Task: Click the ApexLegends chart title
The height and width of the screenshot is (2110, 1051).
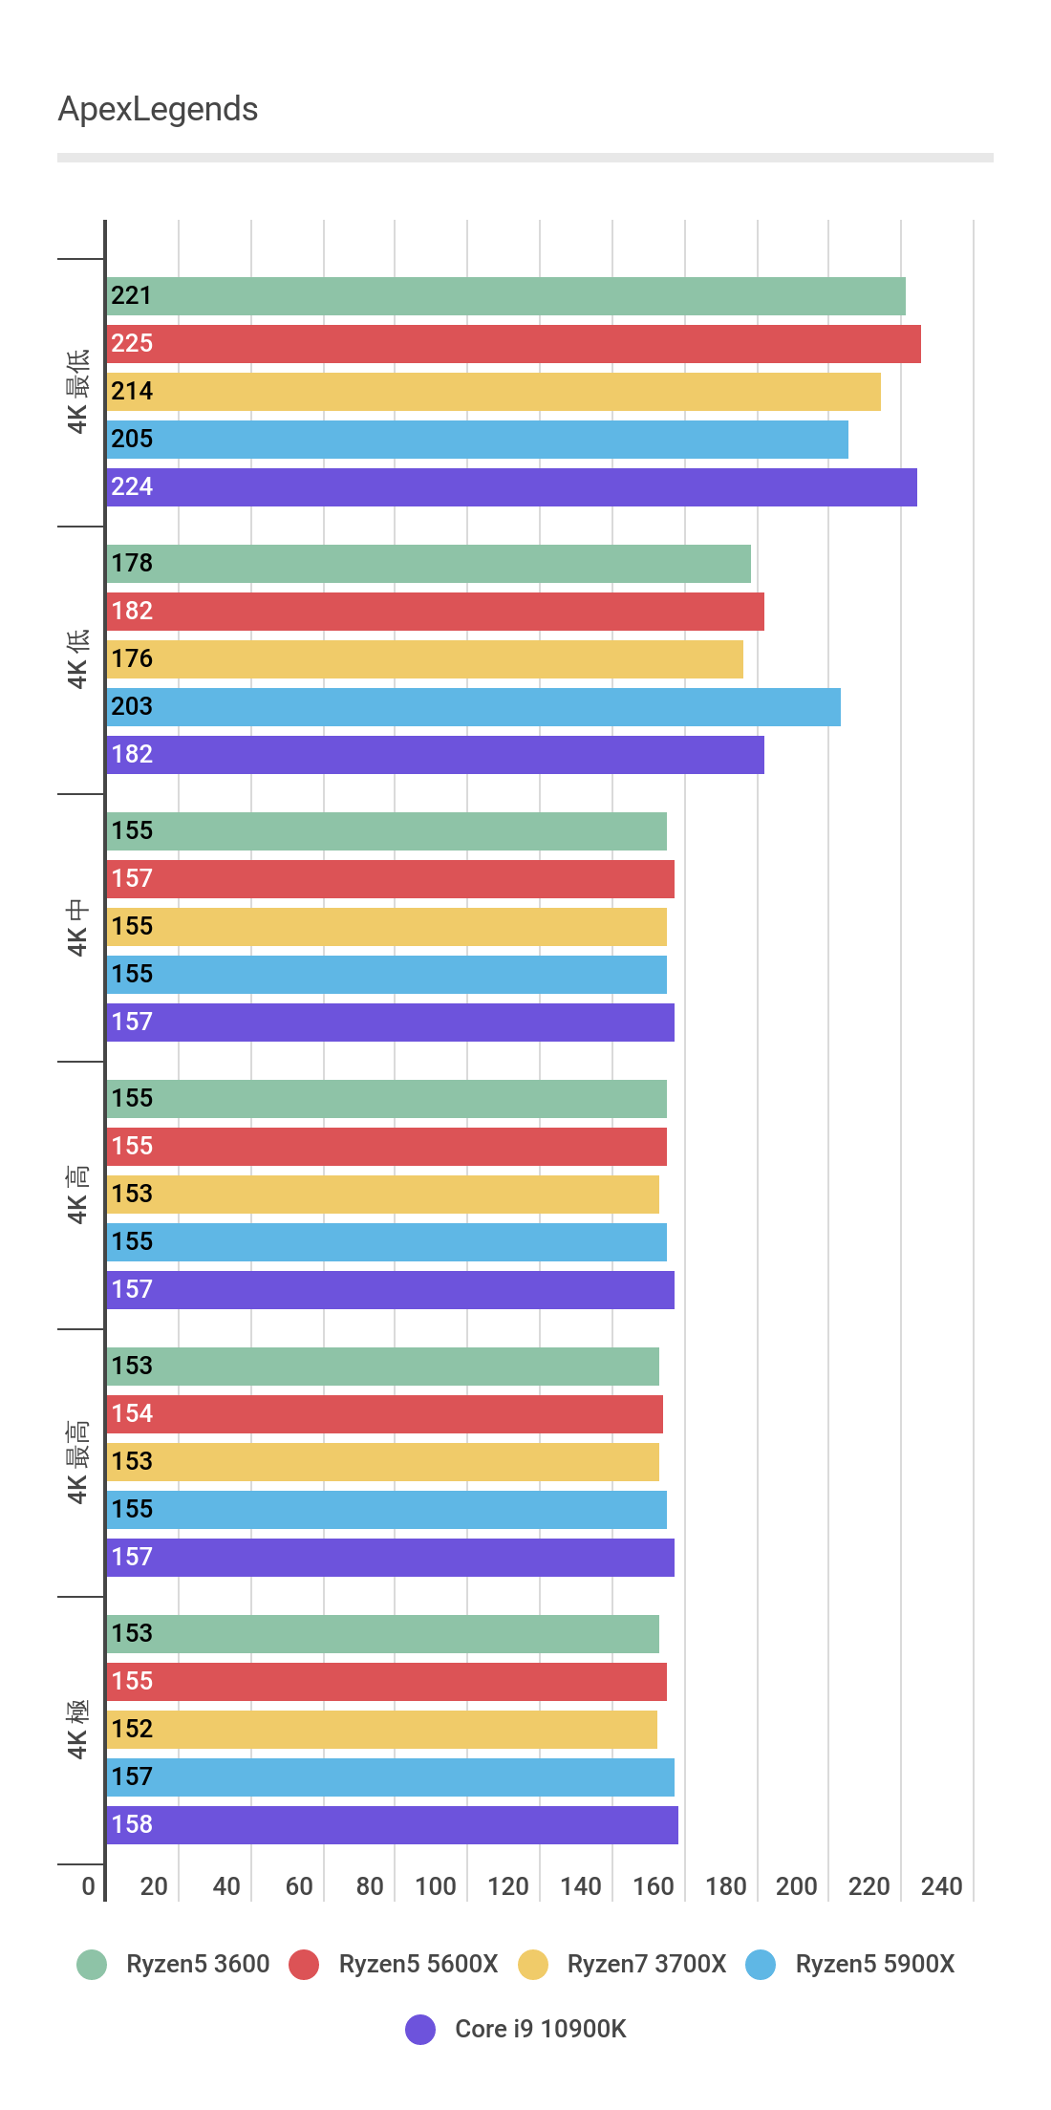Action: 158,110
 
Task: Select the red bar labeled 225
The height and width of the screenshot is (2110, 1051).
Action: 513,344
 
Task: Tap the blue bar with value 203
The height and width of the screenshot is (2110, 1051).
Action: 473,707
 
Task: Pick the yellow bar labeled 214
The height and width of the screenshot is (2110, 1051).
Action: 493,392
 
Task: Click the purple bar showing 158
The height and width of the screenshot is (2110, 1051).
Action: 392,1825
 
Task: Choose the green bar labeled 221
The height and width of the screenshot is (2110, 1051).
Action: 505,296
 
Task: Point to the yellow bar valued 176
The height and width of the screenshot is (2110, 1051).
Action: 424,659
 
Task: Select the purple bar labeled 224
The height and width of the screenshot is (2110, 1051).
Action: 511,487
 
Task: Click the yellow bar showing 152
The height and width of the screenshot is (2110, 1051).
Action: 381,1730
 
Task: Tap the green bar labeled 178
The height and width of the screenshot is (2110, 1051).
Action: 428,564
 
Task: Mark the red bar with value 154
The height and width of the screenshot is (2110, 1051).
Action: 384,1414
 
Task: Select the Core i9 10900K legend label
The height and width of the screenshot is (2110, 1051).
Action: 540,2029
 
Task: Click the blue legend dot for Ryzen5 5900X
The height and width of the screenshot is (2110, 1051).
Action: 761,1965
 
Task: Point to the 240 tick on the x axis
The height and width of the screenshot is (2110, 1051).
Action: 941,1885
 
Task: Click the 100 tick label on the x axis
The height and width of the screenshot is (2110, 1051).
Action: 435,1885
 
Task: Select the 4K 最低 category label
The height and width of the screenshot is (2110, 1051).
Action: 78,392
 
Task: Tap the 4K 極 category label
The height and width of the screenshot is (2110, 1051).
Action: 78,1730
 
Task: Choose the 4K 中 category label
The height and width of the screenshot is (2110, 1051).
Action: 78,927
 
